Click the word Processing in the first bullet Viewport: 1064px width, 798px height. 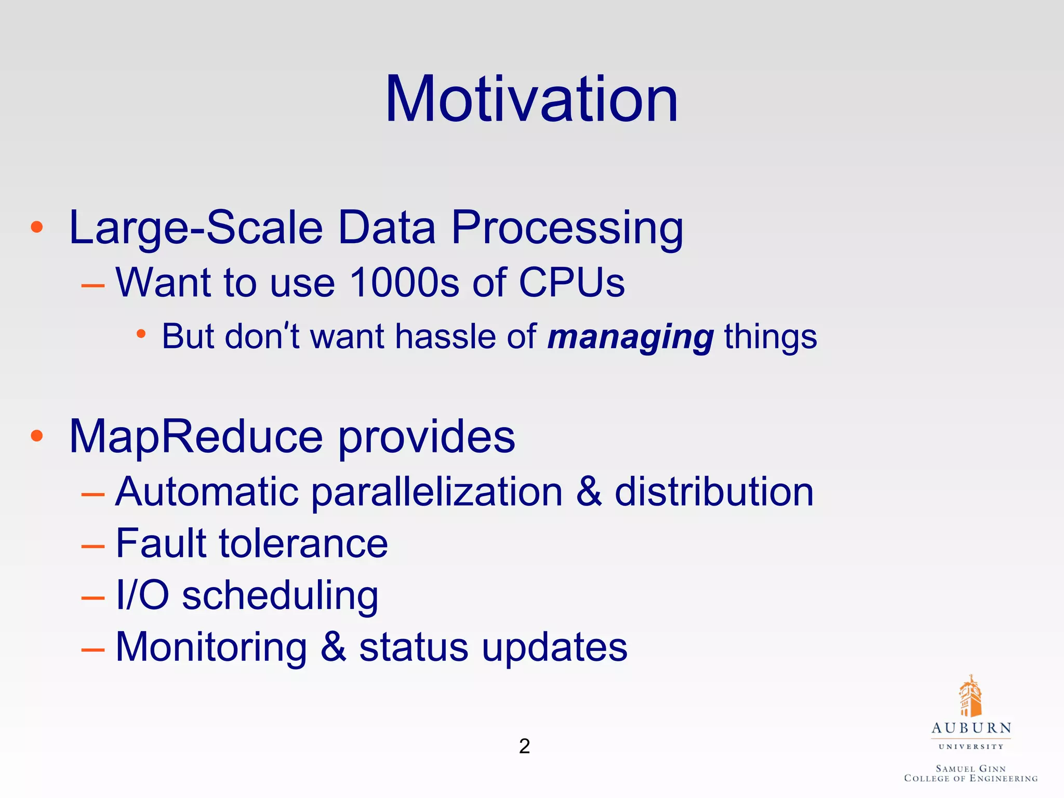[567, 229]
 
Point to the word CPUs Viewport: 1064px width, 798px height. [571, 283]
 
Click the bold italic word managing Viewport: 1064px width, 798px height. [630, 337]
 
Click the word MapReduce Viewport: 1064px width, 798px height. [196, 437]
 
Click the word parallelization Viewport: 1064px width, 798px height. [437, 492]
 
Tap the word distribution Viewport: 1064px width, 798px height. [714, 491]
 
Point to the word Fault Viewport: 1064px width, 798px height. [161, 543]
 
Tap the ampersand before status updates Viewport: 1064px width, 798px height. [333, 647]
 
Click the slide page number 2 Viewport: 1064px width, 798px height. [524, 746]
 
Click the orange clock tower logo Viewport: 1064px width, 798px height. [969, 696]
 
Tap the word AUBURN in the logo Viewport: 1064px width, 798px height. [971, 728]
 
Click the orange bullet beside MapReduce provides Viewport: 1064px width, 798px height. [36, 435]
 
